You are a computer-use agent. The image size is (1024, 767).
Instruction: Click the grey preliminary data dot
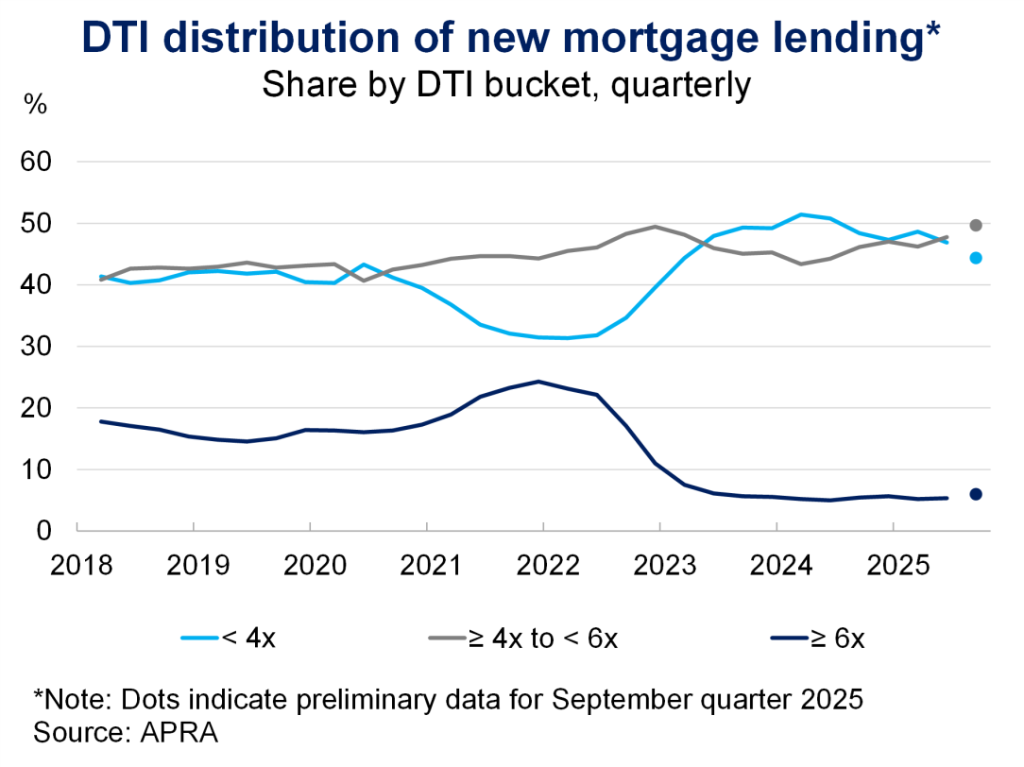pyautogui.click(x=976, y=225)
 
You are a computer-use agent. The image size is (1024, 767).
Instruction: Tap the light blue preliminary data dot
pyautogui.click(x=976, y=258)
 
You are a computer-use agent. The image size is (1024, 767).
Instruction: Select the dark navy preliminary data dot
pyautogui.click(x=976, y=494)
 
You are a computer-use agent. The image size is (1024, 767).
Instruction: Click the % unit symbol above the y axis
pyautogui.click(x=35, y=104)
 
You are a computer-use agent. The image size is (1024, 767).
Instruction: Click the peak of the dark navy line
pyautogui.click(x=538, y=382)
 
